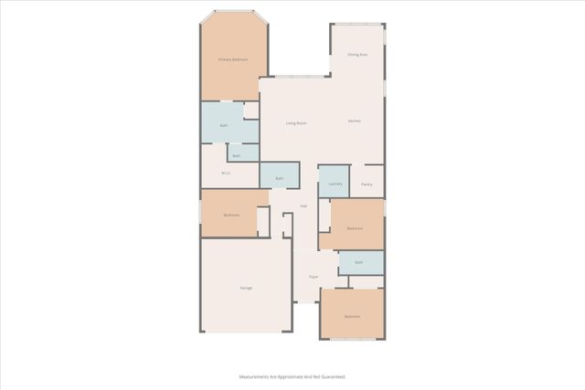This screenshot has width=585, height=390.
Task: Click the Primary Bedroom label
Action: point(233,59)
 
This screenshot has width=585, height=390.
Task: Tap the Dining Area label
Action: point(357,55)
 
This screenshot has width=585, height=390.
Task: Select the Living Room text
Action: point(295,122)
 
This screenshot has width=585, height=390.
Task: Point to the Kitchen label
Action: point(354,121)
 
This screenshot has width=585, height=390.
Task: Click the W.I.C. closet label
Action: point(225,173)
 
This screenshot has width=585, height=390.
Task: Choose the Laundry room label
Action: point(335,184)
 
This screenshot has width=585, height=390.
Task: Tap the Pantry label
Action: point(366,184)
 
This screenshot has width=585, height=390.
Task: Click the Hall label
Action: point(303,206)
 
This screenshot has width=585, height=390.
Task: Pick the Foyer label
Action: point(313,276)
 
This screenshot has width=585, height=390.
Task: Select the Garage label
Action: point(246,288)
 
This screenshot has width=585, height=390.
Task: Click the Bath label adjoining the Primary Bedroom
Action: point(223,126)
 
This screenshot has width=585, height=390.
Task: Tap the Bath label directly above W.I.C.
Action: point(236,155)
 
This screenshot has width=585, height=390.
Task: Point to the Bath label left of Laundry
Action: point(281,178)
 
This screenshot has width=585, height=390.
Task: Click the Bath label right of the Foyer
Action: point(359,263)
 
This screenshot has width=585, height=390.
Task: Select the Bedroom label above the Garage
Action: point(231,215)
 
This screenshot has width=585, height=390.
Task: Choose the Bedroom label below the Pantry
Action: point(355,227)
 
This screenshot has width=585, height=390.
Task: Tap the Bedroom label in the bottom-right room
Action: point(352,316)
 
